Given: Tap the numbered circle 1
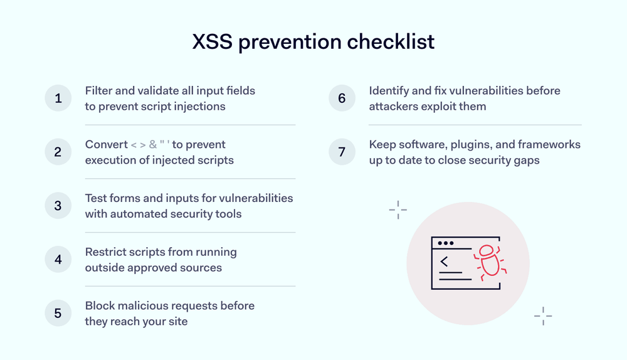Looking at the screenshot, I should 58,98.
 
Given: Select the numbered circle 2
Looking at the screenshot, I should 58,152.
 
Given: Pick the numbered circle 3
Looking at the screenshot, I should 58,206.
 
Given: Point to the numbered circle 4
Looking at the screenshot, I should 58,259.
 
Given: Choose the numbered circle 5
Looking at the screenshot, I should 58,313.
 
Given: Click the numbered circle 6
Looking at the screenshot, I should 342,98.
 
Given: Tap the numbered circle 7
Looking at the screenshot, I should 342,152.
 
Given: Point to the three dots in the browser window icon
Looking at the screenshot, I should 445,243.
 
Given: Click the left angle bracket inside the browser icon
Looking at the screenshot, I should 444,262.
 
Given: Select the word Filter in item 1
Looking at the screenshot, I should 99,91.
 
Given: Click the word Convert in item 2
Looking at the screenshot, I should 106,145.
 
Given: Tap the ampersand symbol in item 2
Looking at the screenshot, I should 153,145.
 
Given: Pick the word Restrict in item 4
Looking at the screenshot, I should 107,252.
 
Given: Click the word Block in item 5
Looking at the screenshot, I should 99,306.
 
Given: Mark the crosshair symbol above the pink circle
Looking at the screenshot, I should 398,210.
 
